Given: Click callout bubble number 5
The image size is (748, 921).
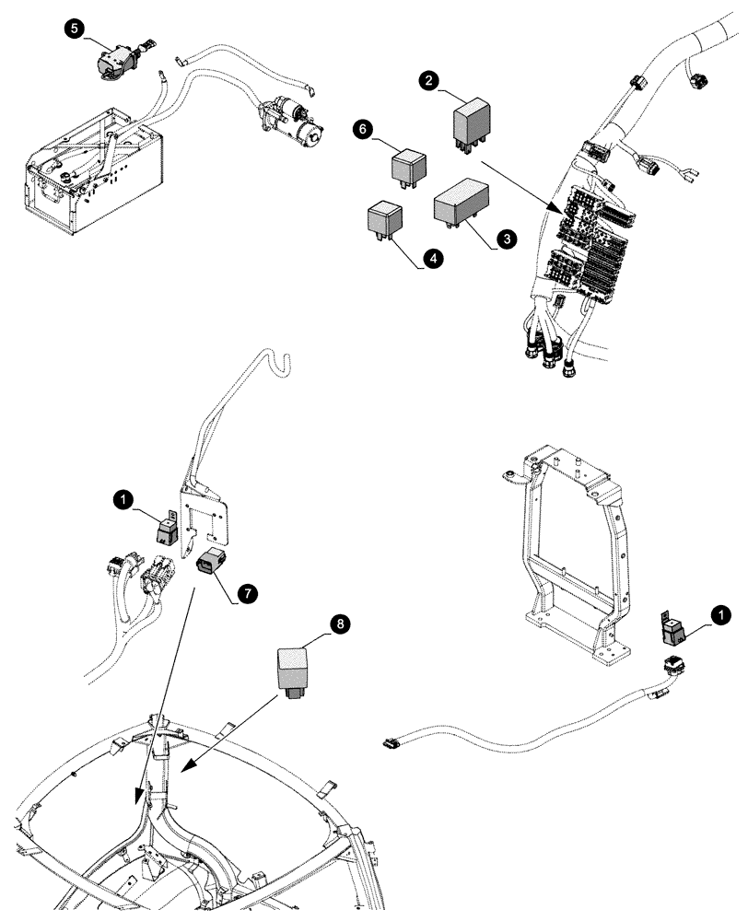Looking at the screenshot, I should [73, 29].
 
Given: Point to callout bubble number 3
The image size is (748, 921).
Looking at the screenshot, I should [505, 238].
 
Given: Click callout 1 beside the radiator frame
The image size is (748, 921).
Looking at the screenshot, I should [722, 612].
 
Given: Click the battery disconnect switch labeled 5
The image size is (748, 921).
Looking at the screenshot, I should [119, 59].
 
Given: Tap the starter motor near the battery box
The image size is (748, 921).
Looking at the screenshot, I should [292, 122].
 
